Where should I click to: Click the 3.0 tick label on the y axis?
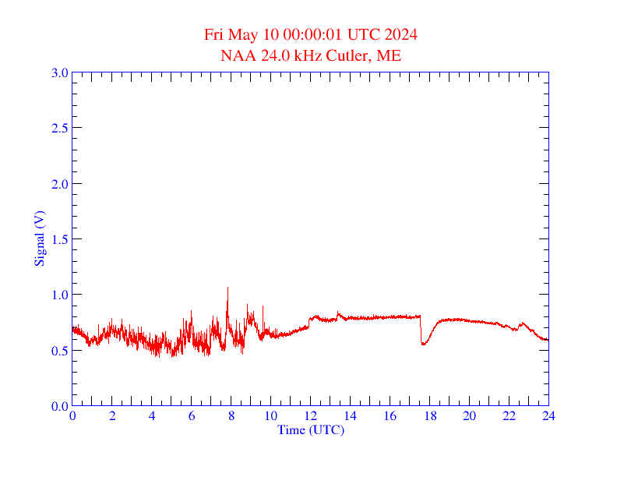(59, 72)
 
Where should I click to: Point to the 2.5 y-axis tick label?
(59, 128)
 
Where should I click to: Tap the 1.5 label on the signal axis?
(59, 239)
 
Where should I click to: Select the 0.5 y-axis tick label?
(59, 351)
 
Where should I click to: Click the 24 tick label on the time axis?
(548, 417)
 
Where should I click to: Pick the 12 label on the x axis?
(311, 417)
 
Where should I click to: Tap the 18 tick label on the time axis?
(429, 417)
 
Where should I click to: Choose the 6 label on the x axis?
(192, 417)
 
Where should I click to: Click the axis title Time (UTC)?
(311, 429)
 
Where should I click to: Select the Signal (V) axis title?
(39, 239)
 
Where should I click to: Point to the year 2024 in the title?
(400, 35)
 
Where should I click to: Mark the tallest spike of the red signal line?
(227, 288)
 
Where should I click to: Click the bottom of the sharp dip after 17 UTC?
(423, 344)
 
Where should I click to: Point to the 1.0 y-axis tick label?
(59, 295)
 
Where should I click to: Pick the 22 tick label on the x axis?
(509, 417)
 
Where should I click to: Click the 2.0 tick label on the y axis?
(59, 184)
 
